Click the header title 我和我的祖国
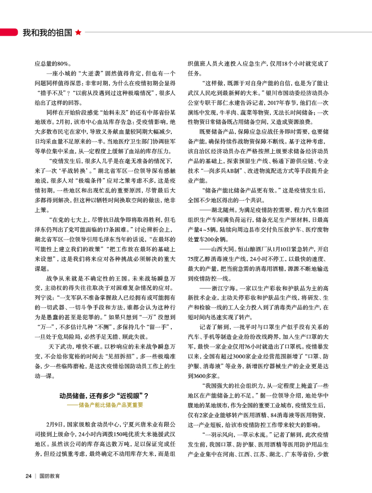click(x=48, y=33)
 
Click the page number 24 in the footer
click(x=29, y=476)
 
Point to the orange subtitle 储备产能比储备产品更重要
click(x=105, y=405)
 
